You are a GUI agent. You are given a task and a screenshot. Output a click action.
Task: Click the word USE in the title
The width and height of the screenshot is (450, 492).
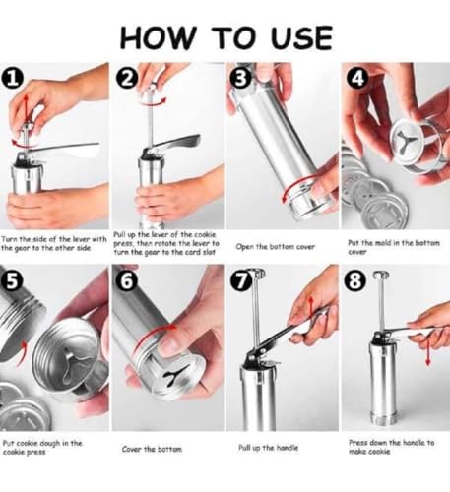(301, 37)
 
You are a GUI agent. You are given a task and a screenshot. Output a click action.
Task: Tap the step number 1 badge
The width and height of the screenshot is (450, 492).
(12, 80)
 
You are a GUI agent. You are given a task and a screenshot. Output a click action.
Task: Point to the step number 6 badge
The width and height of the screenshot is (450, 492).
(127, 281)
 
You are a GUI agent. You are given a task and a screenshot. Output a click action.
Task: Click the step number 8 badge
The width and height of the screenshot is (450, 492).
(354, 281)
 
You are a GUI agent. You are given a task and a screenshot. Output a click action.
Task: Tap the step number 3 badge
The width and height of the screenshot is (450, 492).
(241, 79)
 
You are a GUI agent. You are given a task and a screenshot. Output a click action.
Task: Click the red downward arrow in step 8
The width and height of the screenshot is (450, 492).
(427, 351)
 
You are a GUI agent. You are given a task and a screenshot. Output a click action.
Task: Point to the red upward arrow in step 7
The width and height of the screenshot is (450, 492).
(311, 306)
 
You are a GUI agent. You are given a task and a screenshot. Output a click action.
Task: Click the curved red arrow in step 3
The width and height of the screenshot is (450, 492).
(295, 184)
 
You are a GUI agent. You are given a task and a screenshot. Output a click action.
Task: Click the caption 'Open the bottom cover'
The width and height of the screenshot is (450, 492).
(276, 247)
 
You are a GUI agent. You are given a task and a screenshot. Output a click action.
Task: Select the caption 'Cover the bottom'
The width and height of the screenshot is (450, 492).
(152, 449)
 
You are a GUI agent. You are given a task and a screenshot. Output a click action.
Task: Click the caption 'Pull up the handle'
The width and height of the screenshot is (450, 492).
(268, 448)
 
